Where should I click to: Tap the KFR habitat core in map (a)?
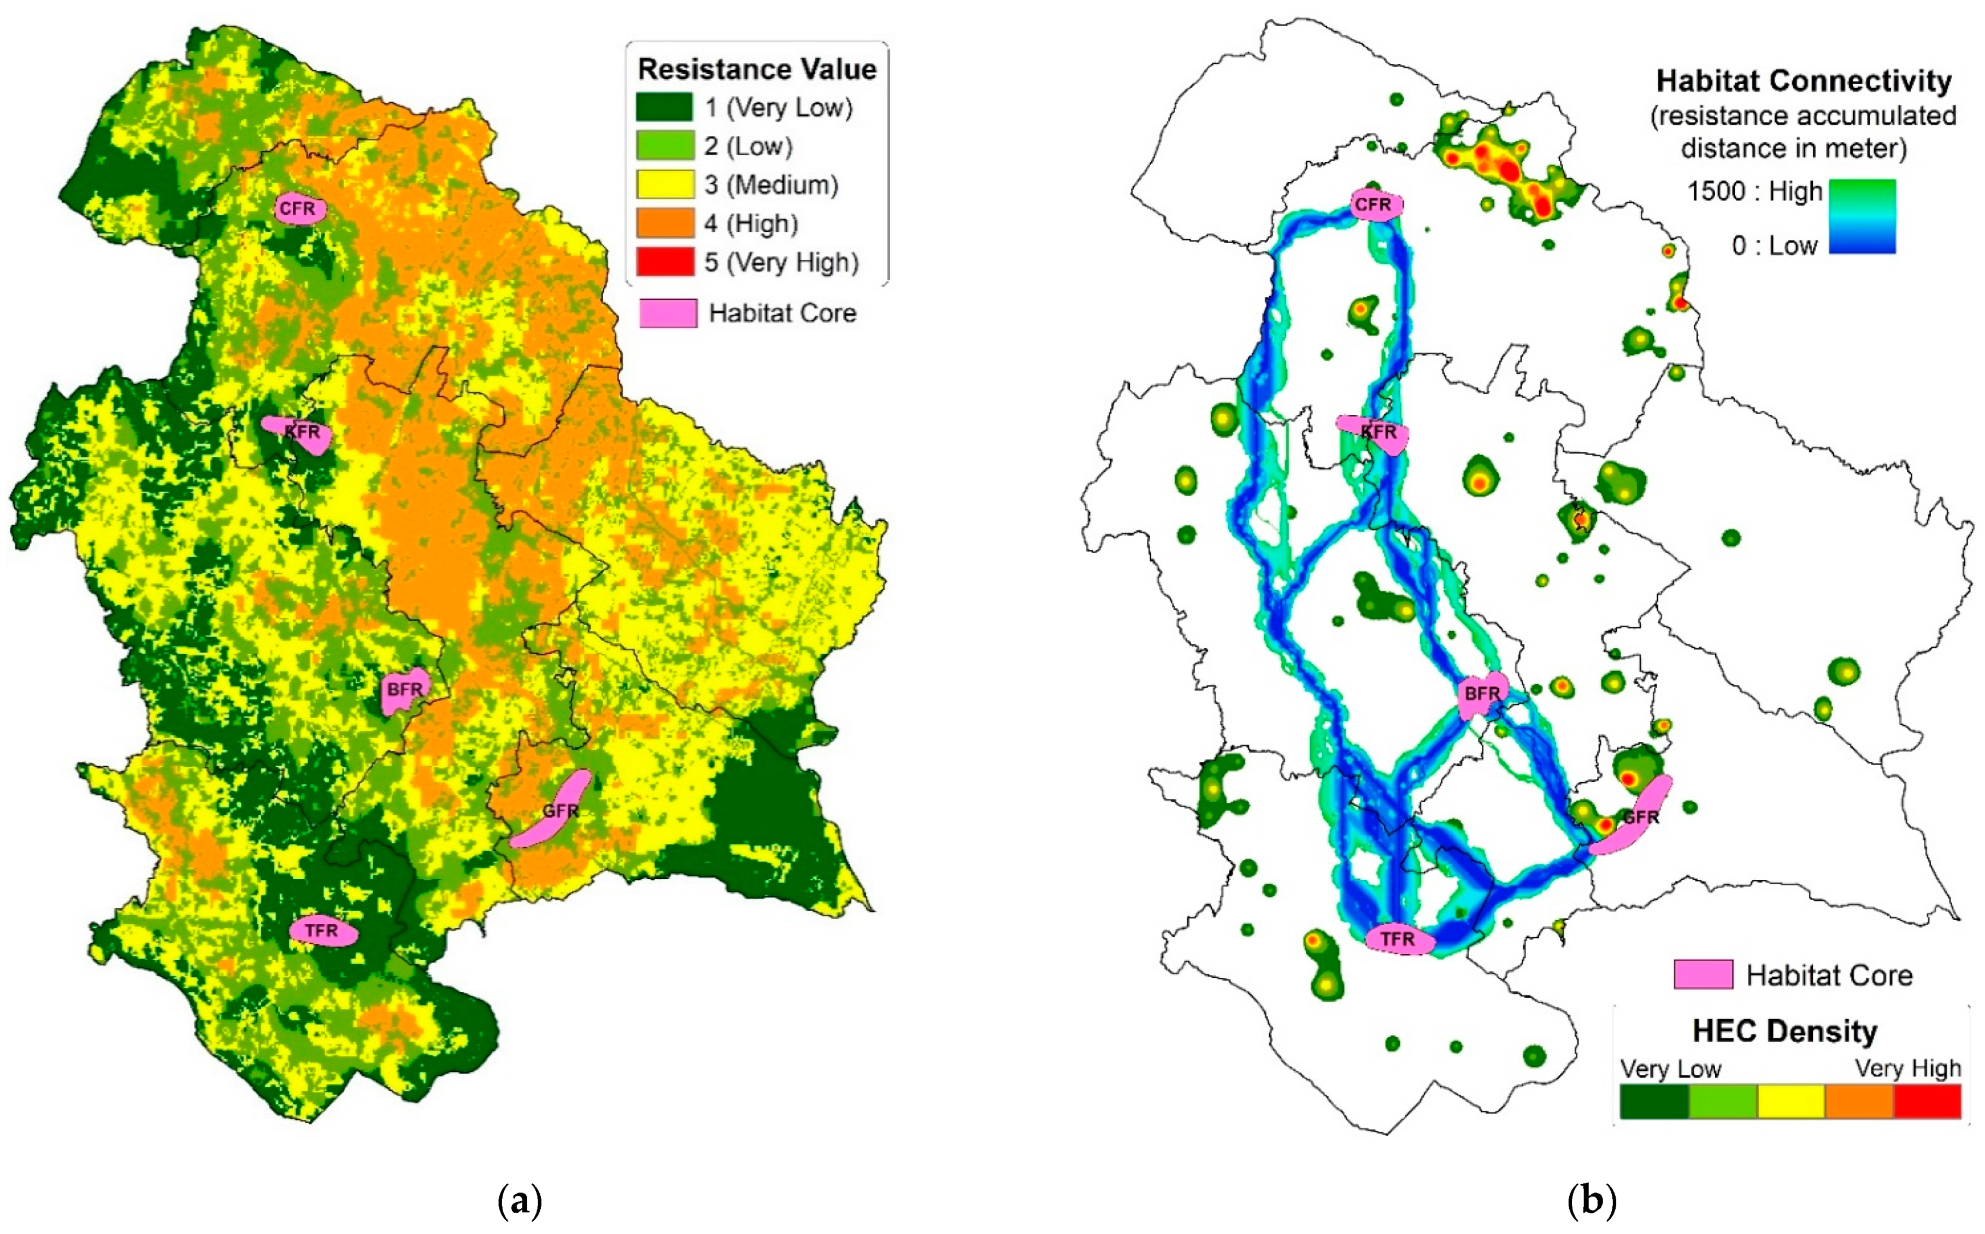pos(299,432)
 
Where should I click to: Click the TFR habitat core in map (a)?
pos(323,930)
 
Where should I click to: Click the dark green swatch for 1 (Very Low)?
pos(664,107)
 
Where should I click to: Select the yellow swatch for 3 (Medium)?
pos(664,185)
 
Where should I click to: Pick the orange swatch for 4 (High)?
pos(664,223)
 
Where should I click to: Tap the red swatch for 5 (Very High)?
pos(664,262)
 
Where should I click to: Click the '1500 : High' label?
pos(1754,192)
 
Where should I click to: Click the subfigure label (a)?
pos(519,1201)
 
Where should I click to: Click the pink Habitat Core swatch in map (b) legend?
pos(1703,974)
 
